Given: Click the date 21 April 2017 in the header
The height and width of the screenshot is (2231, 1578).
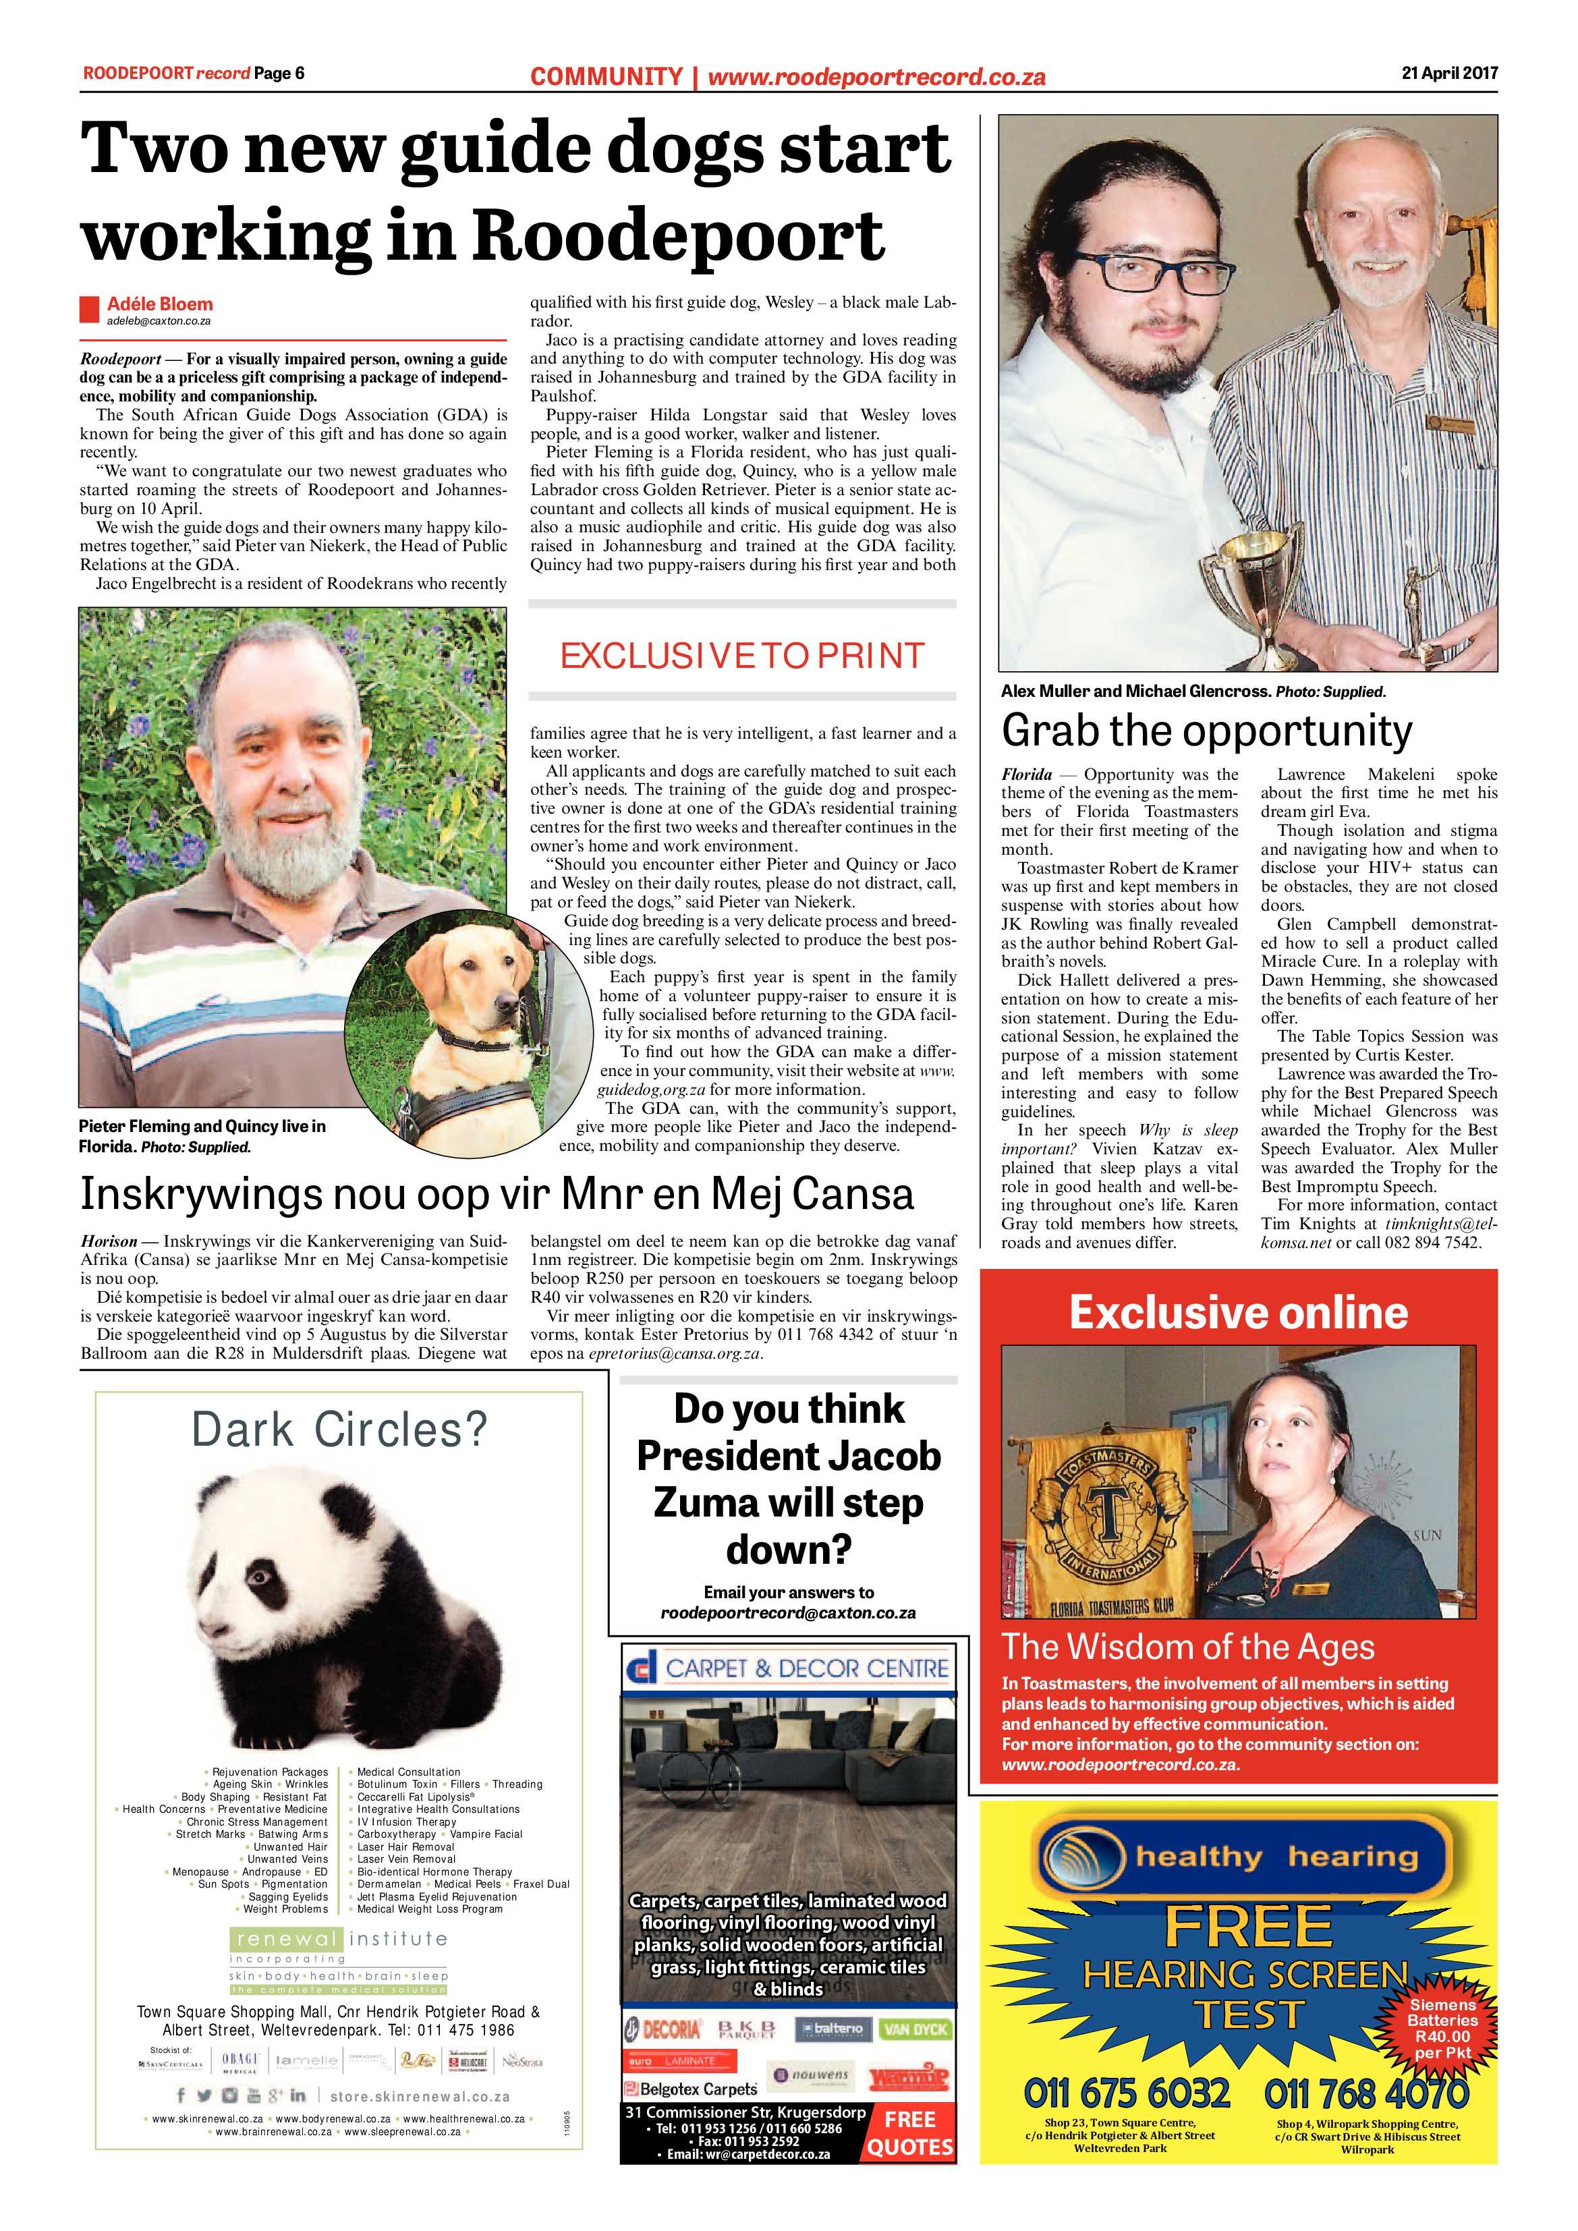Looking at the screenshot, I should click(1448, 73).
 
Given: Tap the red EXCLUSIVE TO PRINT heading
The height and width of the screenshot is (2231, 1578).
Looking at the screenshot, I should click(742, 656).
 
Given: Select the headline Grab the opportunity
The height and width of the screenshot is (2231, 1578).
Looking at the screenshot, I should click(1207, 731).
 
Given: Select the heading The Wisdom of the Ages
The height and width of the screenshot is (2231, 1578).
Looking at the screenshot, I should click(1187, 1647).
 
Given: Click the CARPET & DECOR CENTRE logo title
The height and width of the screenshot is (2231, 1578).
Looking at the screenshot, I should click(806, 1669).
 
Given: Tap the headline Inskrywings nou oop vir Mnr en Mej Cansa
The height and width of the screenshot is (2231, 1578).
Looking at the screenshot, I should click(497, 1194).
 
